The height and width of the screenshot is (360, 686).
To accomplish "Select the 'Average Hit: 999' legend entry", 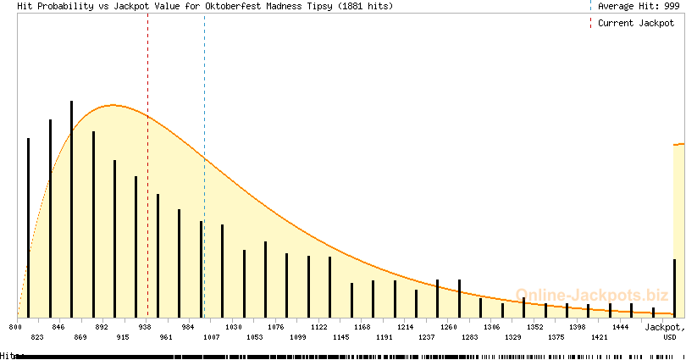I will coord(638,6).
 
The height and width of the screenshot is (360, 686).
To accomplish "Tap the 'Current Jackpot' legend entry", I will coord(636,23).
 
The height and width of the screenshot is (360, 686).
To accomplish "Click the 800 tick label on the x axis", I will coord(14,326).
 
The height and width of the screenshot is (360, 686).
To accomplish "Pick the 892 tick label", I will coord(102,326).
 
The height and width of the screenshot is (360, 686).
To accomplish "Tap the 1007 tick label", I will coord(210,337).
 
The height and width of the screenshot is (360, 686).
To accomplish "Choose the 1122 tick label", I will coord(319,326).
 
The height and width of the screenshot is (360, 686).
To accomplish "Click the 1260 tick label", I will coord(449,326).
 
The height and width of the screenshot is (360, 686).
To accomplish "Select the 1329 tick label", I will coord(513,337).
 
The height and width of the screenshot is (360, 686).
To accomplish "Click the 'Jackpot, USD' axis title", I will coord(665,331).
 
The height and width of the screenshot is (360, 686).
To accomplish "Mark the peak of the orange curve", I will coord(113,105).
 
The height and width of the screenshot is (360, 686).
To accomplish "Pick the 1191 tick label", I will coord(384,337).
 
